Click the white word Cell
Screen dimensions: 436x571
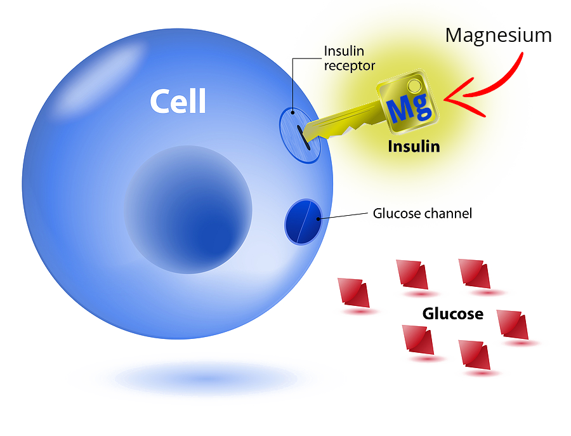coord(178,102)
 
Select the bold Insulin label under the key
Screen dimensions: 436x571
coord(414,147)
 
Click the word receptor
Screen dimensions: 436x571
coord(350,65)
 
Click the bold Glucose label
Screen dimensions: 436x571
coord(452,314)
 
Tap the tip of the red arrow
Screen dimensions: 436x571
coord(446,99)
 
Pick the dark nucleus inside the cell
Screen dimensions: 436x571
coord(188,209)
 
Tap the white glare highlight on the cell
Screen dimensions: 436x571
coord(104,73)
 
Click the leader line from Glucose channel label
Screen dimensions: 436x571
coord(346,216)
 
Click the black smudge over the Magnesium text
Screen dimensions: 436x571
coord(533,36)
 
